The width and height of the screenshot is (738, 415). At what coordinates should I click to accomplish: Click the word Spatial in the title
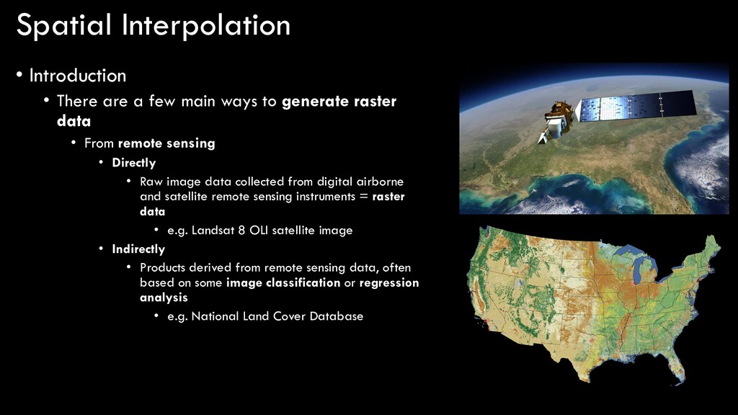click(63, 26)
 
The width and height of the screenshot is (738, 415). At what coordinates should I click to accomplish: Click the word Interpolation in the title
click(206, 26)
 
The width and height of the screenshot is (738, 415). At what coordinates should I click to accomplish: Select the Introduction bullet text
click(78, 76)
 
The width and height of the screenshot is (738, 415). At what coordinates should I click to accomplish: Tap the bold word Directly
click(133, 163)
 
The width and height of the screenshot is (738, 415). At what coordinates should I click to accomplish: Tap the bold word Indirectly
click(138, 249)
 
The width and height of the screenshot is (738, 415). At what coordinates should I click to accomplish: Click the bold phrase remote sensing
click(166, 143)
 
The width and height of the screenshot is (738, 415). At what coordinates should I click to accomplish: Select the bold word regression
click(388, 282)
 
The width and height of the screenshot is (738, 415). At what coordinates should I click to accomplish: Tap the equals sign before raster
click(363, 197)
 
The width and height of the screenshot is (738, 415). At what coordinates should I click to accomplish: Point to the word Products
click(163, 268)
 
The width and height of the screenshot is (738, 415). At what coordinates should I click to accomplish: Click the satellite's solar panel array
click(637, 106)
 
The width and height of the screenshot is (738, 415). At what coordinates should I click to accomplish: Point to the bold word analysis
click(164, 298)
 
